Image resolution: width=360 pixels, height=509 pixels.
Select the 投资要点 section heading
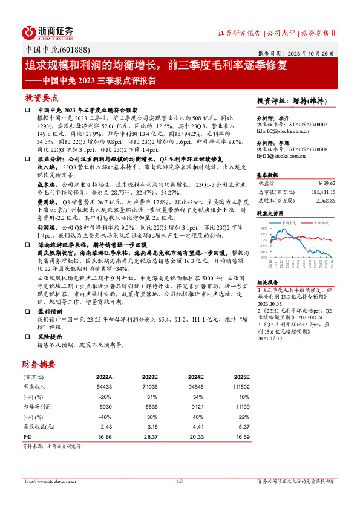pyautogui.click(x=41, y=98)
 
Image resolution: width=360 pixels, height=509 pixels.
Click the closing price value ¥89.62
pyautogui.click(x=327, y=182)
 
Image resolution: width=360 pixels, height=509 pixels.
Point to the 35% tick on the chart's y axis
pyautogui.click(x=264, y=229)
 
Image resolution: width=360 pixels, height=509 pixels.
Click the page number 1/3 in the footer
pyautogui.click(x=179, y=481)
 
